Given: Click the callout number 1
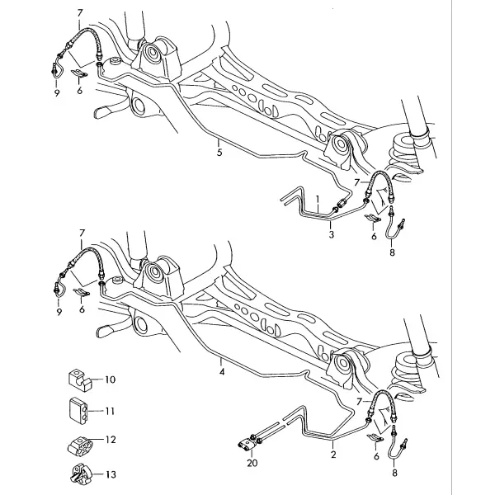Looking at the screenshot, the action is [x=318, y=200].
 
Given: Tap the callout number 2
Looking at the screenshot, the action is [x=333, y=455].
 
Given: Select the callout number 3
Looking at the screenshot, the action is [x=331, y=234].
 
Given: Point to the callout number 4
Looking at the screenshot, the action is [x=222, y=371].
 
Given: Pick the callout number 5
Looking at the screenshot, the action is [x=219, y=152].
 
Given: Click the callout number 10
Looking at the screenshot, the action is [x=111, y=379].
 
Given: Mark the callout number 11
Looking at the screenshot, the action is [x=110, y=411].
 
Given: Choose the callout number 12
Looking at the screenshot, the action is [x=111, y=440].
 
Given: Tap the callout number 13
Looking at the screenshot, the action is [x=111, y=474].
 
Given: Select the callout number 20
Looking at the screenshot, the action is [x=252, y=463].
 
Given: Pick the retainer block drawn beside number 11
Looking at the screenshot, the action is [x=78, y=411].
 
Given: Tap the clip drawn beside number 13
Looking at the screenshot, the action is [x=80, y=474].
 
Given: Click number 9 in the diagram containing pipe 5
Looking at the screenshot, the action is [x=57, y=92].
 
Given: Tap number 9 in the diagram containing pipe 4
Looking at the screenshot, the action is [x=59, y=312].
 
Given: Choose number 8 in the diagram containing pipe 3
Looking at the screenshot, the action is [x=392, y=252].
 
